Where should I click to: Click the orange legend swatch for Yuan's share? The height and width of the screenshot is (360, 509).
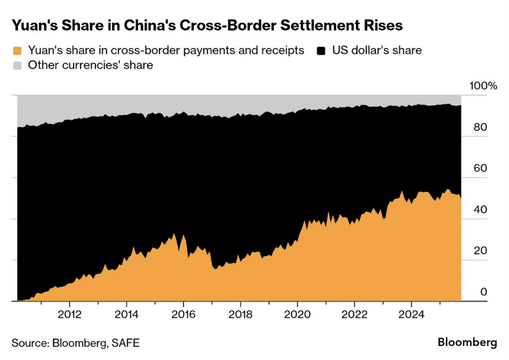click(17, 51)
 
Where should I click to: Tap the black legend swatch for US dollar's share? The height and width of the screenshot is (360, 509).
click(321, 51)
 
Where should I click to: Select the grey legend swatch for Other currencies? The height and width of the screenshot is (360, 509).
click(17, 66)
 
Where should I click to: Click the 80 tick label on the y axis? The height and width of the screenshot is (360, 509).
click(481, 127)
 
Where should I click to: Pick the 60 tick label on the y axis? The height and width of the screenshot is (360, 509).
click(481, 168)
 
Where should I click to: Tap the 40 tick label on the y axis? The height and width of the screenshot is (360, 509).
click(481, 209)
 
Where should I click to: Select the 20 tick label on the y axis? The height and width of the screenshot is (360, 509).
click(481, 251)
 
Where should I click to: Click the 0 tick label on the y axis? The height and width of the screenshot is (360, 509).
click(483, 292)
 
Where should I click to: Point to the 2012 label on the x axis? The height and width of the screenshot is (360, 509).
click(70, 315)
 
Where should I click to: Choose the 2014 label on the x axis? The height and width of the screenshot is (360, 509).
click(127, 315)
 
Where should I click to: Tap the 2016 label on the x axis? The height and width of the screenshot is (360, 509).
click(183, 315)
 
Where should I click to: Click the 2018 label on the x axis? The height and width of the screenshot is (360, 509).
click(240, 315)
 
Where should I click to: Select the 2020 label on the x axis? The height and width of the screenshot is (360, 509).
click(297, 315)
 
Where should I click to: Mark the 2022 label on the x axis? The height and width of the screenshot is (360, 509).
click(354, 315)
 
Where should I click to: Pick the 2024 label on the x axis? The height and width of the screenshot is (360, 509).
click(411, 315)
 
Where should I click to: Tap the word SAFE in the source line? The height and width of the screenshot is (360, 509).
click(126, 343)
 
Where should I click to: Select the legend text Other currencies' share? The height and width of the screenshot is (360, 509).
click(91, 65)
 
